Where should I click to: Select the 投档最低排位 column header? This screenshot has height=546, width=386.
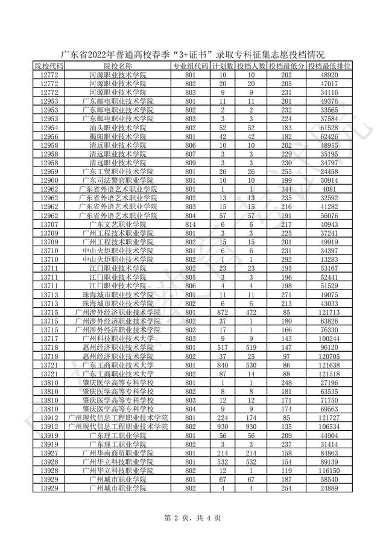click(x=329, y=66)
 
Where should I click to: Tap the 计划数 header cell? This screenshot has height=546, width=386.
click(x=223, y=66)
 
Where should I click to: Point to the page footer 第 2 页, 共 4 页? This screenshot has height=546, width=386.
click(x=193, y=517)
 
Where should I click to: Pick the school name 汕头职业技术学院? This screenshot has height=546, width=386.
click(x=118, y=127)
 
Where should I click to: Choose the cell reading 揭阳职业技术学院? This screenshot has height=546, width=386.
click(x=118, y=136)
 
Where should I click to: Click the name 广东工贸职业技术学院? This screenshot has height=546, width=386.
click(x=118, y=172)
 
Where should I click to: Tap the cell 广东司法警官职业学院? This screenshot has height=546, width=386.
click(x=118, y=180)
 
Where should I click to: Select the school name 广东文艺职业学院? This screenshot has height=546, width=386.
click(x=118, y=224)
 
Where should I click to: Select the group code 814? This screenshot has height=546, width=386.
click(x=191, y=224)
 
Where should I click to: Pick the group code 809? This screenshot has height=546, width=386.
click(x=191, y=163)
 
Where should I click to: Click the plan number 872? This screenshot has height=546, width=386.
click(x=223, y=312)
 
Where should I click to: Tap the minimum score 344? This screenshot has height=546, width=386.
click(x=286, y=189)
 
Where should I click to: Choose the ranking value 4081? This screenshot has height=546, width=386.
click(x=329, y=189)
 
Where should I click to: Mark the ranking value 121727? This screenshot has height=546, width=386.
click(x=329, y=417)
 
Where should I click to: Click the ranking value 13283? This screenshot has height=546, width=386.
click(x=329, y=259)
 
